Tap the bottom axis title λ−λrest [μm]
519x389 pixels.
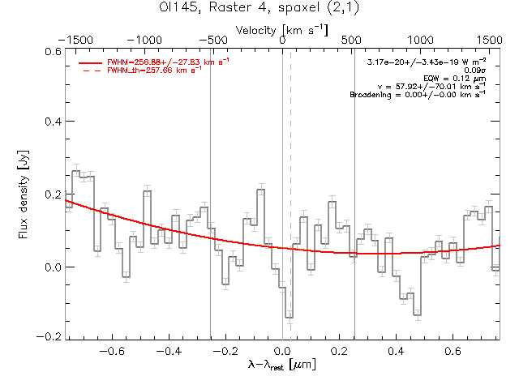tap(282, 366)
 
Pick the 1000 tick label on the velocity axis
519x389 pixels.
tap(420, 40)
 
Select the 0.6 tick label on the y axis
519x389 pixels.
tap(51, 50)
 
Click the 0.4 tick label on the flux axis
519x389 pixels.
tap(51, 122)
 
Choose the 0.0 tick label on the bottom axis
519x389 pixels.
tap(282, 352)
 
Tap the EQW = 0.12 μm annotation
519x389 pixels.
tap(459, 79)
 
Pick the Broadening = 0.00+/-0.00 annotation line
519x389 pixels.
tap(417, 95)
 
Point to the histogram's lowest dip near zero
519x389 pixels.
tap(289, 317)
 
